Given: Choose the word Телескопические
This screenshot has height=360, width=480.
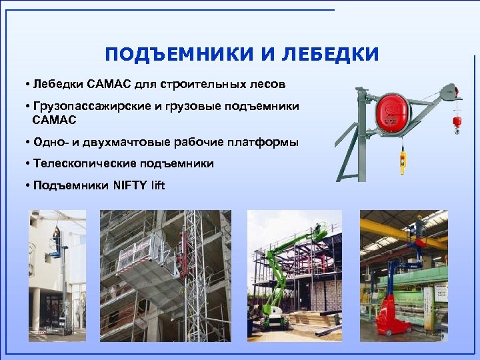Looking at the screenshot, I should pos(80,163).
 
